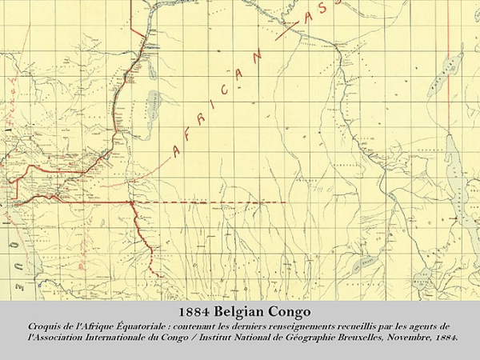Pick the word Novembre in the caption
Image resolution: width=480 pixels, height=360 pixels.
click(390, 338)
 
